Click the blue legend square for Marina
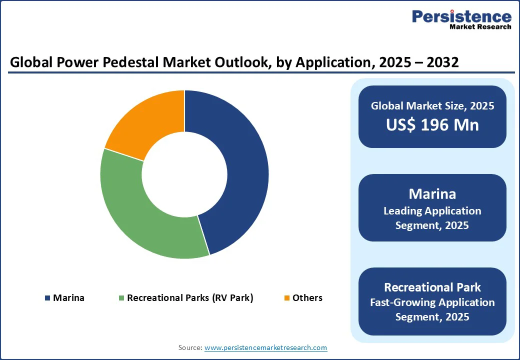47,298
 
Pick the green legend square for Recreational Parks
121,298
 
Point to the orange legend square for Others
286,298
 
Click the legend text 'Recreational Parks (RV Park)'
190,298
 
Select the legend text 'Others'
307,298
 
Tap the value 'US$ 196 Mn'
432,125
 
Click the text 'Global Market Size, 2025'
432,106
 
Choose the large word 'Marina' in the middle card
432,193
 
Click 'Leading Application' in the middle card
432,211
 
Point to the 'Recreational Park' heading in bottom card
432,287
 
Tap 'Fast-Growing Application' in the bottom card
432,302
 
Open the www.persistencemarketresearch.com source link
265,347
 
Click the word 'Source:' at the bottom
190,347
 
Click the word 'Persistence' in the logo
461,16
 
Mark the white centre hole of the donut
184,174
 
